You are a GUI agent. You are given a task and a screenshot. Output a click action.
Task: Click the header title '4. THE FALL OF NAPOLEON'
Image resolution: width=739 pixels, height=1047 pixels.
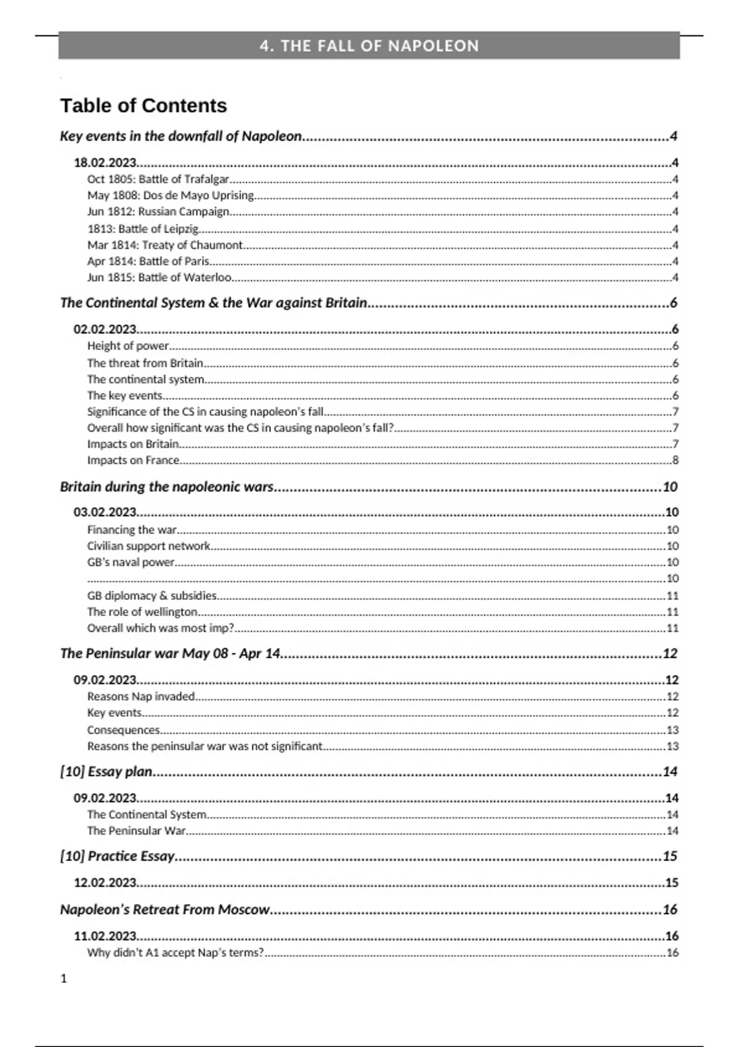pyautogui.click(x=369, y=46)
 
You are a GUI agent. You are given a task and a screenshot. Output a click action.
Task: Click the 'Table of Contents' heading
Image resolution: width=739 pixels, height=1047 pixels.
pyautogui.click(x=143, y=105)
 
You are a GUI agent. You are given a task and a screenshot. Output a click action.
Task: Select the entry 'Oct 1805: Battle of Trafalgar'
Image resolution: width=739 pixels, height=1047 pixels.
pyautogui.click(x=158, y=179)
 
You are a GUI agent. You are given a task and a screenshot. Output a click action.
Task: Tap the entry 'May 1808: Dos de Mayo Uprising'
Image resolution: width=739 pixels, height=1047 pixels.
pyautogui.click(x=171, y=195)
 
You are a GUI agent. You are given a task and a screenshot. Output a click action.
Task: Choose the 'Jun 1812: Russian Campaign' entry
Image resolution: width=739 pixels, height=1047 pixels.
pyautogui.click(x=158, y=212)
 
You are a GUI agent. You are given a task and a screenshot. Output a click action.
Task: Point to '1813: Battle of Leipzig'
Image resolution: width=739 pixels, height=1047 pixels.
pyautogui.click(x=143, y=229)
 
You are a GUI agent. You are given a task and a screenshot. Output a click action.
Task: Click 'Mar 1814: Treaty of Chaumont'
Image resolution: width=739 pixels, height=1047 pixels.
pyautogui.click(x=165, y=245)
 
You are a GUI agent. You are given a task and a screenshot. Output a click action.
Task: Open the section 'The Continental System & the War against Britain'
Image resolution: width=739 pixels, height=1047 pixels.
pyautogui.click(x=214, y=303)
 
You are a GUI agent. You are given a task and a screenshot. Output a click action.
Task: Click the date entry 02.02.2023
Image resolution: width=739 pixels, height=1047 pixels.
pyautogui.click(x=105, y=329)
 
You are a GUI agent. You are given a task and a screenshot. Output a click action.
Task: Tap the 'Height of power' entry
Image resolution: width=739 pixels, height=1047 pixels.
pyautogui.click(x=128, y=346)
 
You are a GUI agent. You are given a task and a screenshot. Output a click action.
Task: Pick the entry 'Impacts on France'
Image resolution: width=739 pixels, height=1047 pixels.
pyautogui.click(x=133, y=460)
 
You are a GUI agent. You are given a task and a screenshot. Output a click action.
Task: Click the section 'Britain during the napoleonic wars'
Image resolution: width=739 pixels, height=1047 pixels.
pyautogui.click(x=167, y=487)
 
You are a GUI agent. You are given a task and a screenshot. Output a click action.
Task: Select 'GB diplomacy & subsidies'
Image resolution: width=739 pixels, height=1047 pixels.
pyautogui.click(x=152, y=596)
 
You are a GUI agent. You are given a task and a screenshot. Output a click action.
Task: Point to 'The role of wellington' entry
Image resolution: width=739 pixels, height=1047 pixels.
pyautogui.click(x=142, y=612)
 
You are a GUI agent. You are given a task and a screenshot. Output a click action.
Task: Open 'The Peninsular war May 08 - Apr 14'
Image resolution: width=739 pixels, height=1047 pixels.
pyautogui.click(x=171, y=654)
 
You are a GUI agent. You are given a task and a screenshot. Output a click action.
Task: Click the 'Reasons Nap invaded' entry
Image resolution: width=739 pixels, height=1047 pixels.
pyautogui.click(x=141, y=697)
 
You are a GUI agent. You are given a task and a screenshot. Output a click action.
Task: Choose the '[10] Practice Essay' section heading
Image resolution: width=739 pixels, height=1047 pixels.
pyautogui.click(x=118, y=857)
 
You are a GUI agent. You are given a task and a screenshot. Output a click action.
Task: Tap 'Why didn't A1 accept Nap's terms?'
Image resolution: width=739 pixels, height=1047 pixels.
pyautogui.click(x=176, y=953)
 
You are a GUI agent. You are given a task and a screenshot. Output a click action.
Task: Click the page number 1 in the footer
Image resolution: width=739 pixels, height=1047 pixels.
pyautogui.click(x=63, y=979)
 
